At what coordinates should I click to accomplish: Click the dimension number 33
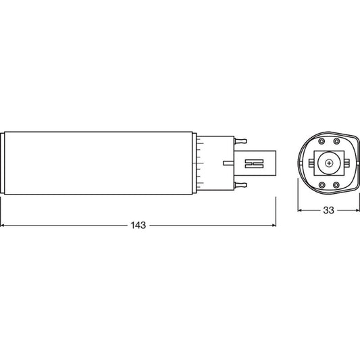click(x=328, y=211)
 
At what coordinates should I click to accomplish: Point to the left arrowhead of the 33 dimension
click(x=300, y=211)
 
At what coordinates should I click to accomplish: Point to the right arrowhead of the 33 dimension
click(x=356, y=211)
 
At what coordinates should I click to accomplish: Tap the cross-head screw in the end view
click(x=328, y=163)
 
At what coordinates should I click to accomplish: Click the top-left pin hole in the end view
click(x=319, y=141)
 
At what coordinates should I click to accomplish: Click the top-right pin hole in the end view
click(x=338, y=141)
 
